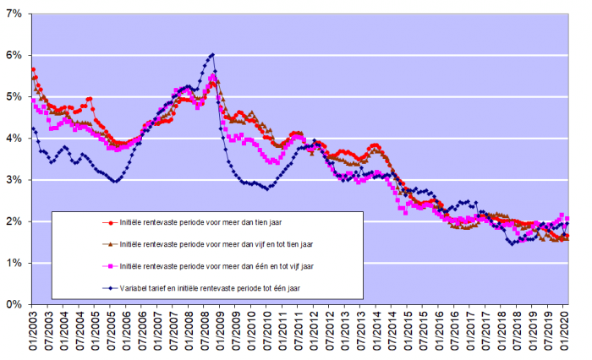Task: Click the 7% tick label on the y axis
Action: coord(12,14)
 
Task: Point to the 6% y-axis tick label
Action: coord(12,56)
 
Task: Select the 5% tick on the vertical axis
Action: coord(12,97)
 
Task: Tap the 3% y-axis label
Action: coord(12,180)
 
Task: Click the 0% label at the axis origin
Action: coord(12,304)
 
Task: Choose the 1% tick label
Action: coord(12,263)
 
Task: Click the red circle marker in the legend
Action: coord(110,222)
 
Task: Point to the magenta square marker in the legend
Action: coord(110,265)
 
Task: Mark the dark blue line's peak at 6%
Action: coord(211,55)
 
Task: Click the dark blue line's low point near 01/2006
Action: coord(116,181)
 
